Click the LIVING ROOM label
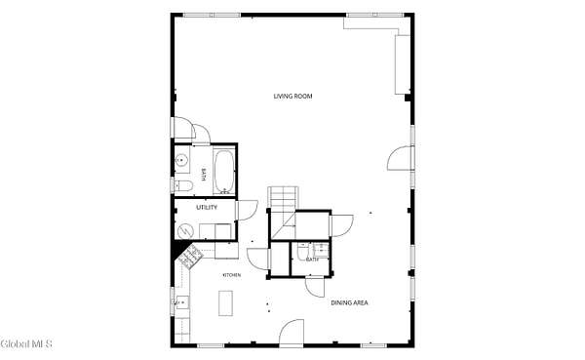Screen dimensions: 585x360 pos(292,97)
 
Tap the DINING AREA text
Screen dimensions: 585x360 pos(350,302)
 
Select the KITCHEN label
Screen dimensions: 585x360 pos(232,275)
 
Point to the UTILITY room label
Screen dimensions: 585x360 pos(207,207)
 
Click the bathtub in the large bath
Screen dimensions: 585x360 pos(224,172)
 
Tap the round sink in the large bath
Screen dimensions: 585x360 pos(181,160)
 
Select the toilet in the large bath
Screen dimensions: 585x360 pos(183,185)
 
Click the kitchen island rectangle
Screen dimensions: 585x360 pos(226,303)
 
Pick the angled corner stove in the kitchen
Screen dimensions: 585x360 pos(190,256)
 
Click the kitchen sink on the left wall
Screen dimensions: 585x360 pos(182,302)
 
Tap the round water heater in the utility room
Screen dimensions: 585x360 pos(185,231)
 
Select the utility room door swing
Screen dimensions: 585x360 pos(248,211)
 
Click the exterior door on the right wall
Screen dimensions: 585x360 pos(401,158)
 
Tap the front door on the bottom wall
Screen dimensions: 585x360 pos(292,333)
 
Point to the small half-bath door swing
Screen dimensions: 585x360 pos(316,287)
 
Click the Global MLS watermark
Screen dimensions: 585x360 pos(26,344)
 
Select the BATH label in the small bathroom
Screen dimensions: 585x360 pos(312,260)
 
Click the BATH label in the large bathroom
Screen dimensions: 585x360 pos(204,175)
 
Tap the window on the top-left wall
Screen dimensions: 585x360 pos(212,15)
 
